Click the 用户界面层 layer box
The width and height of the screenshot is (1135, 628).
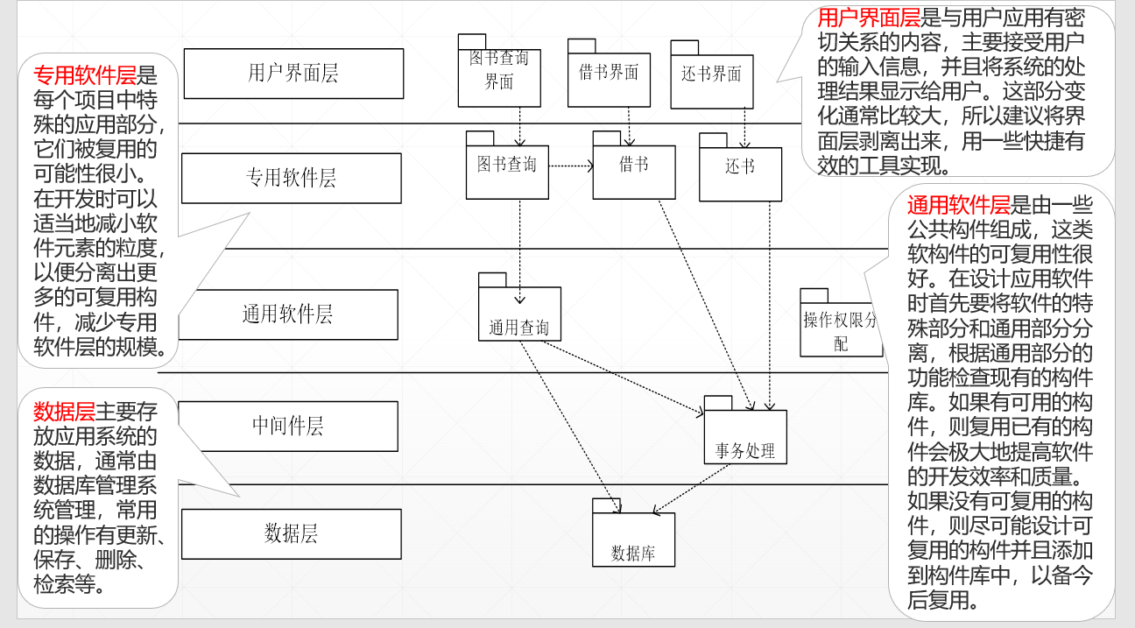tap(293, 74)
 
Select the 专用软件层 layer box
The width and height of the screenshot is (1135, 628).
tap(291, 178)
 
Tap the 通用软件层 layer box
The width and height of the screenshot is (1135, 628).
tap(288, 314)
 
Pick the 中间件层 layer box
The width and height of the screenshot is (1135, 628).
tap(288, 427)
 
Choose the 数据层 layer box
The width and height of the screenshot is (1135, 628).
tap(291, 533)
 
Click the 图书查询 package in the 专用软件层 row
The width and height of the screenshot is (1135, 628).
tap(507, 171)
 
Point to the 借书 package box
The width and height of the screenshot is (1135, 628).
tap(633, 171)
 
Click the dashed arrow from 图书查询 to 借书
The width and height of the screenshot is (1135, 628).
tap(570, 165)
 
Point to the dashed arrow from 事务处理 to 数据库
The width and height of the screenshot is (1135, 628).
tap(692, 490)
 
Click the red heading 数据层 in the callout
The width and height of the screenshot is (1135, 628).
tap(64, 413)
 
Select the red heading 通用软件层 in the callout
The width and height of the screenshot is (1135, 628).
tap(958, 206)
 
